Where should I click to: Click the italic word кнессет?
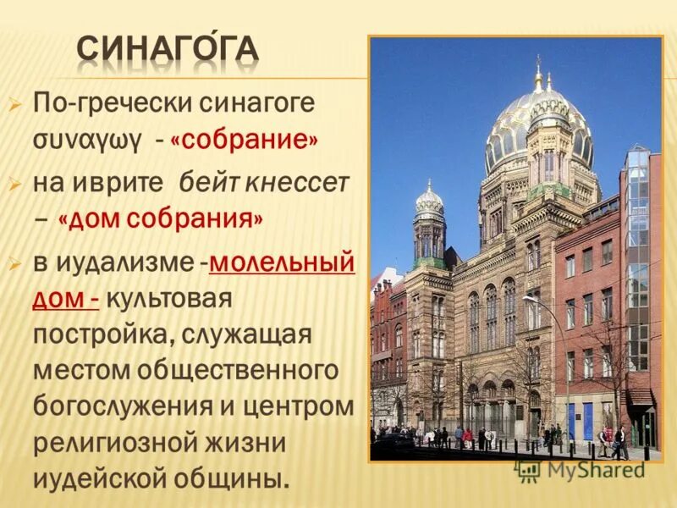pyautogui.click(x=297, y=181)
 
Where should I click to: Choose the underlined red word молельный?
pyautogui.click(x=281, y=262)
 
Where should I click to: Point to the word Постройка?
pyautogui.click(x=100, y=334)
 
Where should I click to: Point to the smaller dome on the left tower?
pyautogui.click(x=430, y=203)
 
